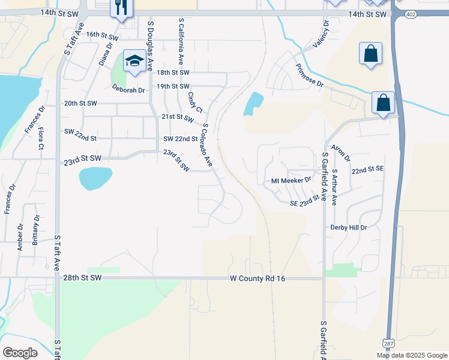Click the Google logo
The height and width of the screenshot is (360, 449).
[20, 353]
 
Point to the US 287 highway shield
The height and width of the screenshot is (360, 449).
[387, 342]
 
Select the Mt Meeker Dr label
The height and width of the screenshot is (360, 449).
[291, 180]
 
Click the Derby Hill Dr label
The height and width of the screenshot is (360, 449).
[348, 228]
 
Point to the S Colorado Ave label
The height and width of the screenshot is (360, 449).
[208, 146]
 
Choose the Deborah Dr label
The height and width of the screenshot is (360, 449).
[128, 91]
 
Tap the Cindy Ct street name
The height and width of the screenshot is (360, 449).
[194, 99]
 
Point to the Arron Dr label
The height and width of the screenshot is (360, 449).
[341, 154]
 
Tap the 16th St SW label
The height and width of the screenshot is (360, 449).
[102, 35]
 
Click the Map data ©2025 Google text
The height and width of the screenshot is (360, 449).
[412, 355]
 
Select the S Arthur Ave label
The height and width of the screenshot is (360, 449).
[335, 187]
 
